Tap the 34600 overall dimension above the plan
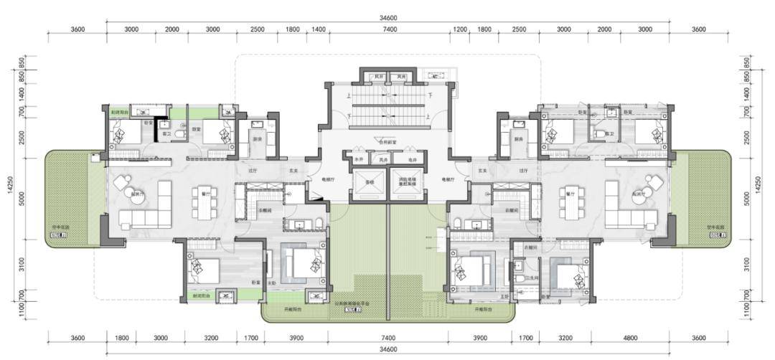[x=387, y=18]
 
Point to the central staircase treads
[x=387, y=108]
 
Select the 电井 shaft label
[x=412, y=160]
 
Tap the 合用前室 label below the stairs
[x=387, y=143]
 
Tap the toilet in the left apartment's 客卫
[x=182, y=133]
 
